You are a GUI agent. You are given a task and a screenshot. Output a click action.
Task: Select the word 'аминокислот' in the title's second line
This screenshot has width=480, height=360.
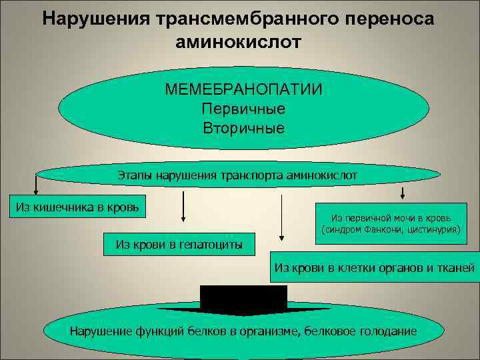[x=239, y=41]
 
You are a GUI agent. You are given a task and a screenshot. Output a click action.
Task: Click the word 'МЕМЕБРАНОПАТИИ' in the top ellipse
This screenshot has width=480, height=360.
[x=244, y=89]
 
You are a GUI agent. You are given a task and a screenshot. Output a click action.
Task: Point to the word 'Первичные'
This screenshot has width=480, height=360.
[x=243, y=109]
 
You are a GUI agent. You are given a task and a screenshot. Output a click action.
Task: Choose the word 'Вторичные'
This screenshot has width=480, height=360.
[x=243, y=127]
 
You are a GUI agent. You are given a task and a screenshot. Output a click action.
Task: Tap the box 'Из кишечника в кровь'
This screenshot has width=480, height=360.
[x=77, y=206]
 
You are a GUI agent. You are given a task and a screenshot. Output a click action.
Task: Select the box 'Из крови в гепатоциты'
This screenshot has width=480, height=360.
[x=179, y=244]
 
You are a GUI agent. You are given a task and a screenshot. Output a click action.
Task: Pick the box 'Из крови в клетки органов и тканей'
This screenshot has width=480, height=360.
[x=374, y=268]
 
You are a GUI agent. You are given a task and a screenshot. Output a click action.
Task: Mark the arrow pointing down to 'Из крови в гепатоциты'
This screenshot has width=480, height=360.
[x=183, y=207]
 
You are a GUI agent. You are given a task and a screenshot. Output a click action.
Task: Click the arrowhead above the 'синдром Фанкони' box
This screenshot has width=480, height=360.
[x=402, y=195]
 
